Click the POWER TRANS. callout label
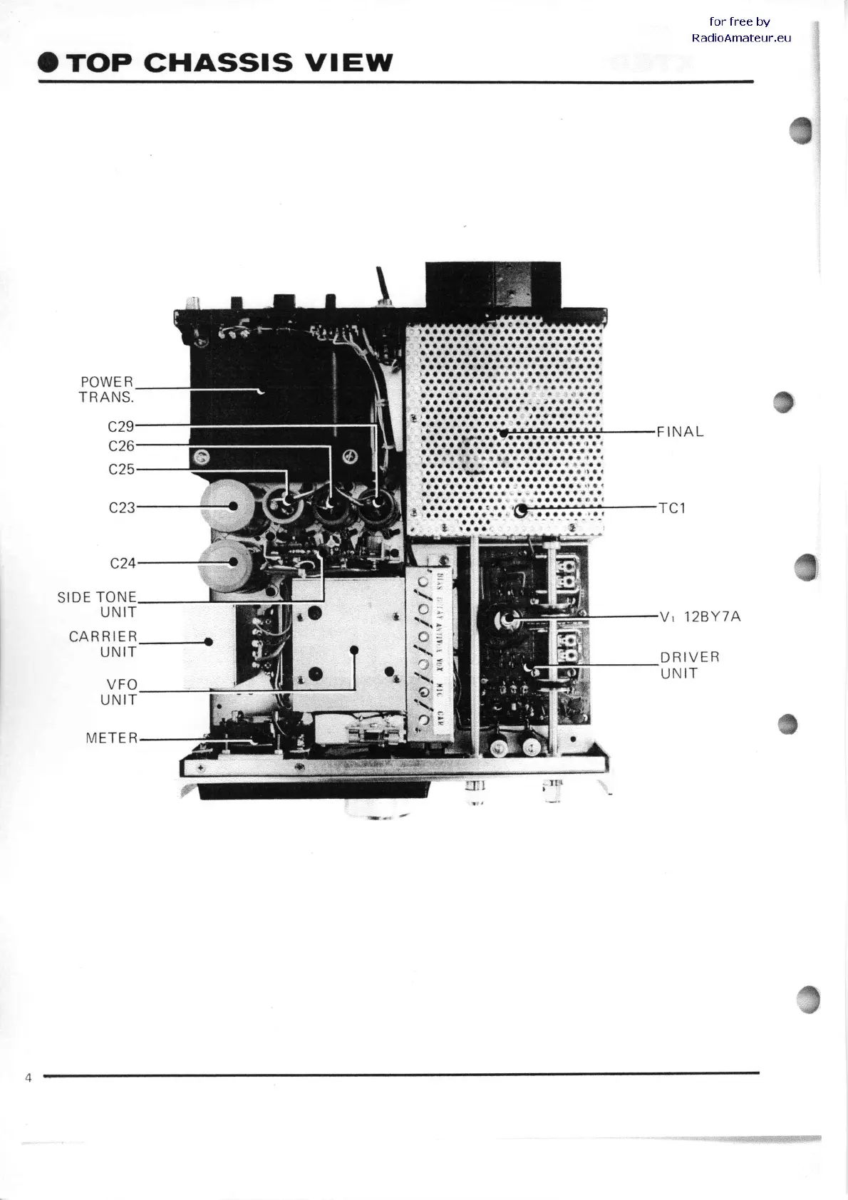(x=106, y=389)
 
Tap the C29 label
(x=121, y=426)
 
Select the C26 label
(x=121, y=446)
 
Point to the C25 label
(x=121, y=470)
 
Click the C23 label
(x=122, y=508)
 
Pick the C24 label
(x=123, y=563)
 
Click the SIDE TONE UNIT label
(x=97, y=604)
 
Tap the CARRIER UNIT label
(x=103, y=643)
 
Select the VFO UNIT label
(x=118, y=692)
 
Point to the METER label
(x=112, y=738)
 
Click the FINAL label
(x=680, y=432)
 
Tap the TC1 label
(x=672, y=509)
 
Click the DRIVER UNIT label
(x=689, y=665)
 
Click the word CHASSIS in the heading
(x=217, y=63)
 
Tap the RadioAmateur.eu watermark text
(x=741, y=38)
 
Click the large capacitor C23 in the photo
(x=227, y=505)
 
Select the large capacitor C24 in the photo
(x=227, y=563)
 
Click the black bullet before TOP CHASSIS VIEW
(x=48, y=63)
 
